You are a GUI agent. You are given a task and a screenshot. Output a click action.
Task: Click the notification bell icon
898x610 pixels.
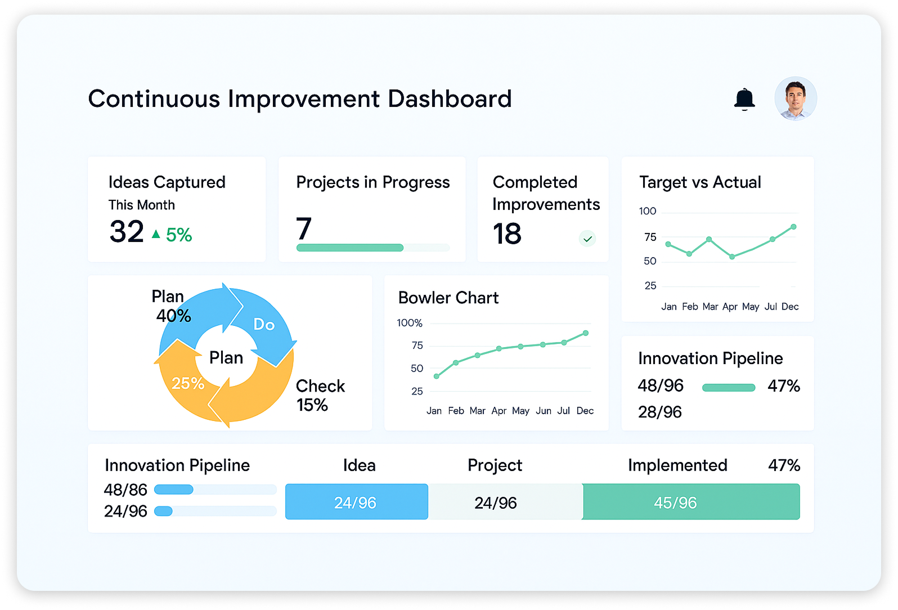(744, 99)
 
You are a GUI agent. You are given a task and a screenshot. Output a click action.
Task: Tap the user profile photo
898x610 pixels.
(796, 98)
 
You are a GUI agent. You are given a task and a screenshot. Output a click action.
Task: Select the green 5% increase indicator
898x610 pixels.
(172, 235)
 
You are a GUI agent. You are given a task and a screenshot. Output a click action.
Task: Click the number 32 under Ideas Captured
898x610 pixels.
(126, 231)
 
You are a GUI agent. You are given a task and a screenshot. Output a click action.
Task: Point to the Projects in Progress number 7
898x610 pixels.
(303, 228)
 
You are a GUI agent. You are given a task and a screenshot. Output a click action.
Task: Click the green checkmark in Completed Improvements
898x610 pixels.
(587, 239)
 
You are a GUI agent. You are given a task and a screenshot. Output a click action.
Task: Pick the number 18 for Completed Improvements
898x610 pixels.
(507, 234)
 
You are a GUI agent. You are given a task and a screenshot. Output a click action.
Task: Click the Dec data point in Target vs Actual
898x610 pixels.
(793, 227)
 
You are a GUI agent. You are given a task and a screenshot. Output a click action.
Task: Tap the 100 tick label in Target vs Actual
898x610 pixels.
(648, 211)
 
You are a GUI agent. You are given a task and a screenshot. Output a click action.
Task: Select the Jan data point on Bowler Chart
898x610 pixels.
(437, 376)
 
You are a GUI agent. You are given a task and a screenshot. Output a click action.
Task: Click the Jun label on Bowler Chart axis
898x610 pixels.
(543, 411)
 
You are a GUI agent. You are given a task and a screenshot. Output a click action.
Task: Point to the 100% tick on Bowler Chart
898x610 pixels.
(409, 323)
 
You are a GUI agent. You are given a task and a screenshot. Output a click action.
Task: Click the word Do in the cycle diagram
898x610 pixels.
(264, 325)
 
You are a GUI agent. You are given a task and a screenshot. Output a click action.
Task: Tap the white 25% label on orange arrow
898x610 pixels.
(188, 383)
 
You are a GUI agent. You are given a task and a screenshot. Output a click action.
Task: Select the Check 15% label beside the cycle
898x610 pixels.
(320, 396)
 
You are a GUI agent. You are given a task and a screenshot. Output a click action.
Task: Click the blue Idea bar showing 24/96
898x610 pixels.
(356, 502)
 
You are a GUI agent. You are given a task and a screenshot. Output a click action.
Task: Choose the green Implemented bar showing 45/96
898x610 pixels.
(691, 502)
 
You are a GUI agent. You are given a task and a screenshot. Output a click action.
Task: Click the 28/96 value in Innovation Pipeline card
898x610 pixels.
(660, 412)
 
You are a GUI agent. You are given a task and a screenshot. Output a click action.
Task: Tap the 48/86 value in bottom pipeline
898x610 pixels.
(125, 490)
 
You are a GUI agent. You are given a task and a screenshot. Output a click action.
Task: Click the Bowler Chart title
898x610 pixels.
(448, 298)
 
